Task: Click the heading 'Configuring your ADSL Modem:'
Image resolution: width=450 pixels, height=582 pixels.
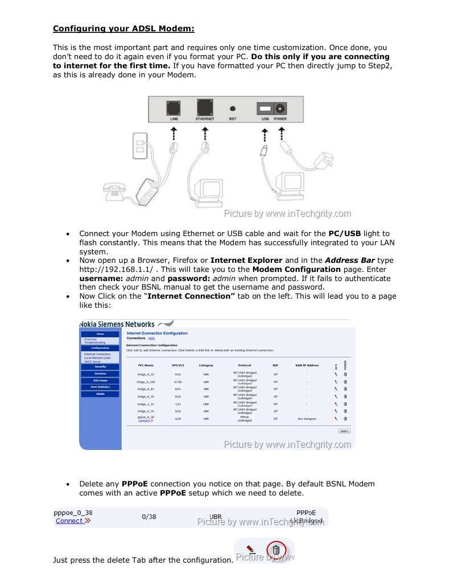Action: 123,28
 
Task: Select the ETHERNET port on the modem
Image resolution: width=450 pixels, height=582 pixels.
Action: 205,107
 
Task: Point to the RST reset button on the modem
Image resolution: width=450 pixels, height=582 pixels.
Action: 233,108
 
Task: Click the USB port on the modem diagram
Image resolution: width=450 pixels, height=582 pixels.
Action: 264,108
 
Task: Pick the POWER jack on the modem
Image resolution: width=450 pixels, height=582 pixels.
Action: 280,108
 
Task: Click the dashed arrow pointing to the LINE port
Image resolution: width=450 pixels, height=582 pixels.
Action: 174,134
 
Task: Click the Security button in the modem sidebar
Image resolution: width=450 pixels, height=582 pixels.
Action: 100,367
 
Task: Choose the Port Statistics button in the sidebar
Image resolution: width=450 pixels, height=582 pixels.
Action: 100,387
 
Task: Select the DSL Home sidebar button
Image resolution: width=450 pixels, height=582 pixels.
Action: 100,380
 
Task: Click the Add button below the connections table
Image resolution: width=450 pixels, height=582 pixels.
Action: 344,431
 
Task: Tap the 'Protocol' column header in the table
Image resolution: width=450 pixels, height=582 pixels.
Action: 245,365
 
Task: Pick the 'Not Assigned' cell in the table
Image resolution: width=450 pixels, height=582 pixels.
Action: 307,419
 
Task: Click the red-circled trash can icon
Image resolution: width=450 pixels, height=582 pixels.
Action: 276,550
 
